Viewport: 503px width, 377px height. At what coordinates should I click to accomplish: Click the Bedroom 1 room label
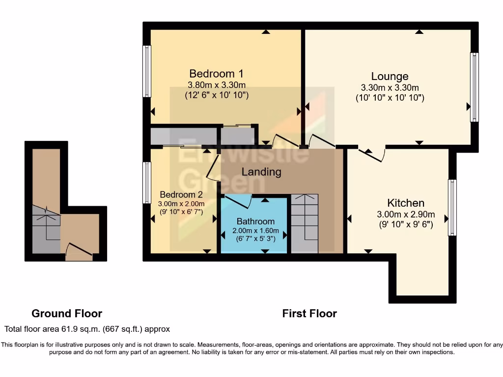click(x=216, y=74)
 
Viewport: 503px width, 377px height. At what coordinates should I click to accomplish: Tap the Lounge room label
click(x=390, y=77)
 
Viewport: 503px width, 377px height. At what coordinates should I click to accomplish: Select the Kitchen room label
click(x=405, y=203)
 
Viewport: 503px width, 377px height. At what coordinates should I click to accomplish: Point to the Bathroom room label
click(x=255, y=221)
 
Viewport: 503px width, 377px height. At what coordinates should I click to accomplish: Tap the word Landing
click(x=261, y=172)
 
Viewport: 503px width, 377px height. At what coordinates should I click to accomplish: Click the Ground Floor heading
click(x=67, y=313)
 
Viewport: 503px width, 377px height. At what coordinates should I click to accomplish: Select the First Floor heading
click(x=309, y=313)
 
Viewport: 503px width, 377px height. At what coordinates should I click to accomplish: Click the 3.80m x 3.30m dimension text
click(x=217, y=85)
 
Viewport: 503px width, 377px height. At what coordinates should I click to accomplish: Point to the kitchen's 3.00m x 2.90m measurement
click(x=405, y=215)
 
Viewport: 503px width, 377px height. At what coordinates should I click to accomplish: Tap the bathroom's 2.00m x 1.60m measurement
click(x=255, y=231)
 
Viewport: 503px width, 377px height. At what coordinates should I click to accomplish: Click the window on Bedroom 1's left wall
click(x=146, y=71)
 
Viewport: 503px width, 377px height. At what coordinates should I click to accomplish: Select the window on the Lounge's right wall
click(x=474, y=87)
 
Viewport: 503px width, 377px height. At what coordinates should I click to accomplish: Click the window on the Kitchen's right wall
click(x=452, y=208)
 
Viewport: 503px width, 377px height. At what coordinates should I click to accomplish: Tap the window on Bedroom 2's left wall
click(x=146, y=183)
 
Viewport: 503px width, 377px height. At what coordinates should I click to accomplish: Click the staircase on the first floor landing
click(x=305, y=223)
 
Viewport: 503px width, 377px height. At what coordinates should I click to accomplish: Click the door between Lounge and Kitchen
click(x=371, y=154)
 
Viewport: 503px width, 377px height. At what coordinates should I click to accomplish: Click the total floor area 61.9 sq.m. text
click(x=87, y=329)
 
